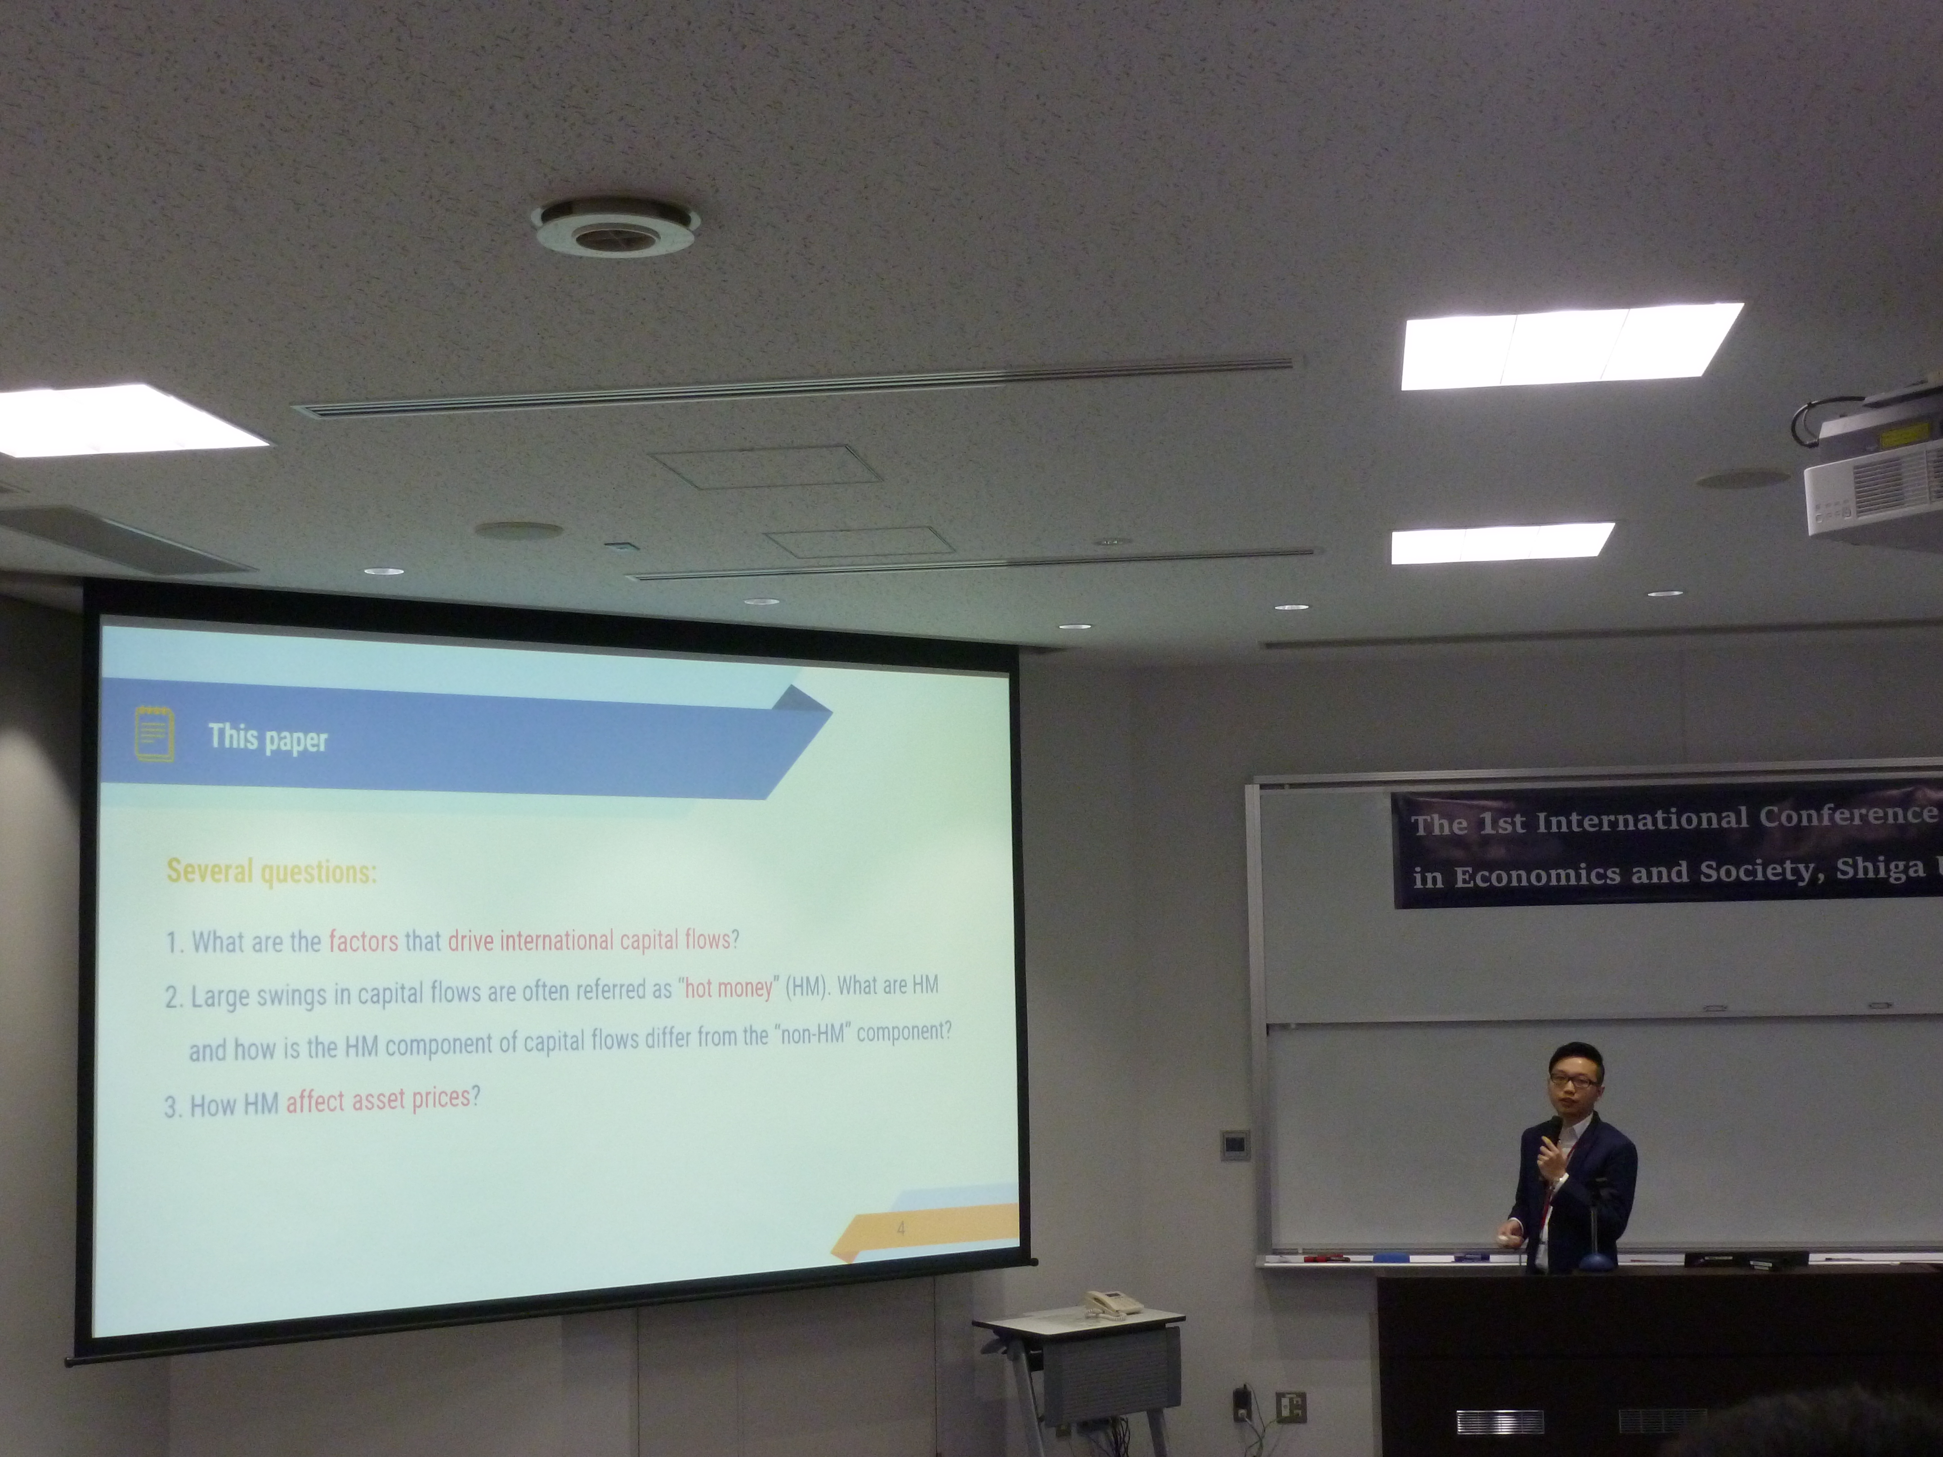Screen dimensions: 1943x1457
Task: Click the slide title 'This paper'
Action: coord(268,738)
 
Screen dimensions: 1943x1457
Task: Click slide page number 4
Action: coord(900,1228)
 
